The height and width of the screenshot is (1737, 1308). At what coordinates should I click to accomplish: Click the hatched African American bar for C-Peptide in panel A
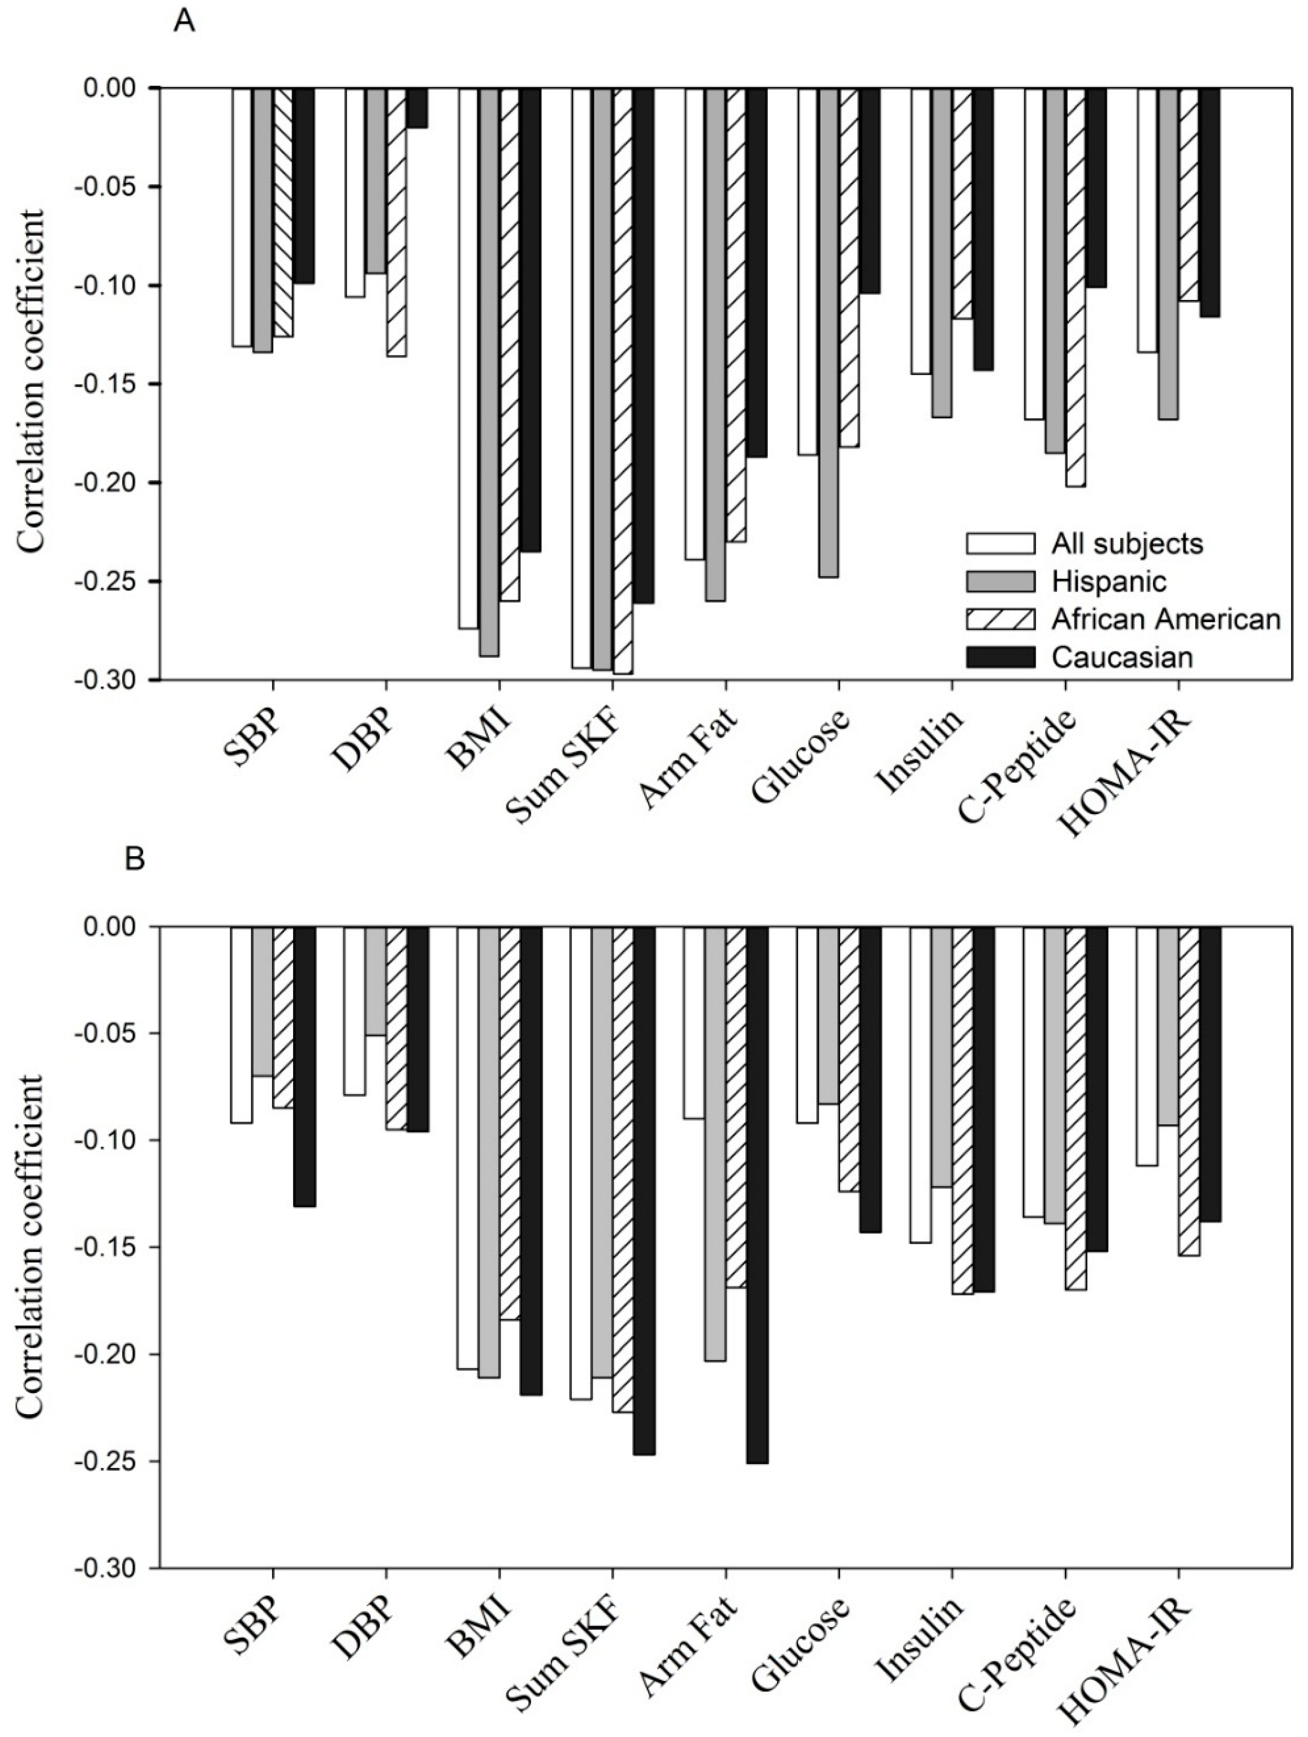pyautogui.click(x=1075, y=287)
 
